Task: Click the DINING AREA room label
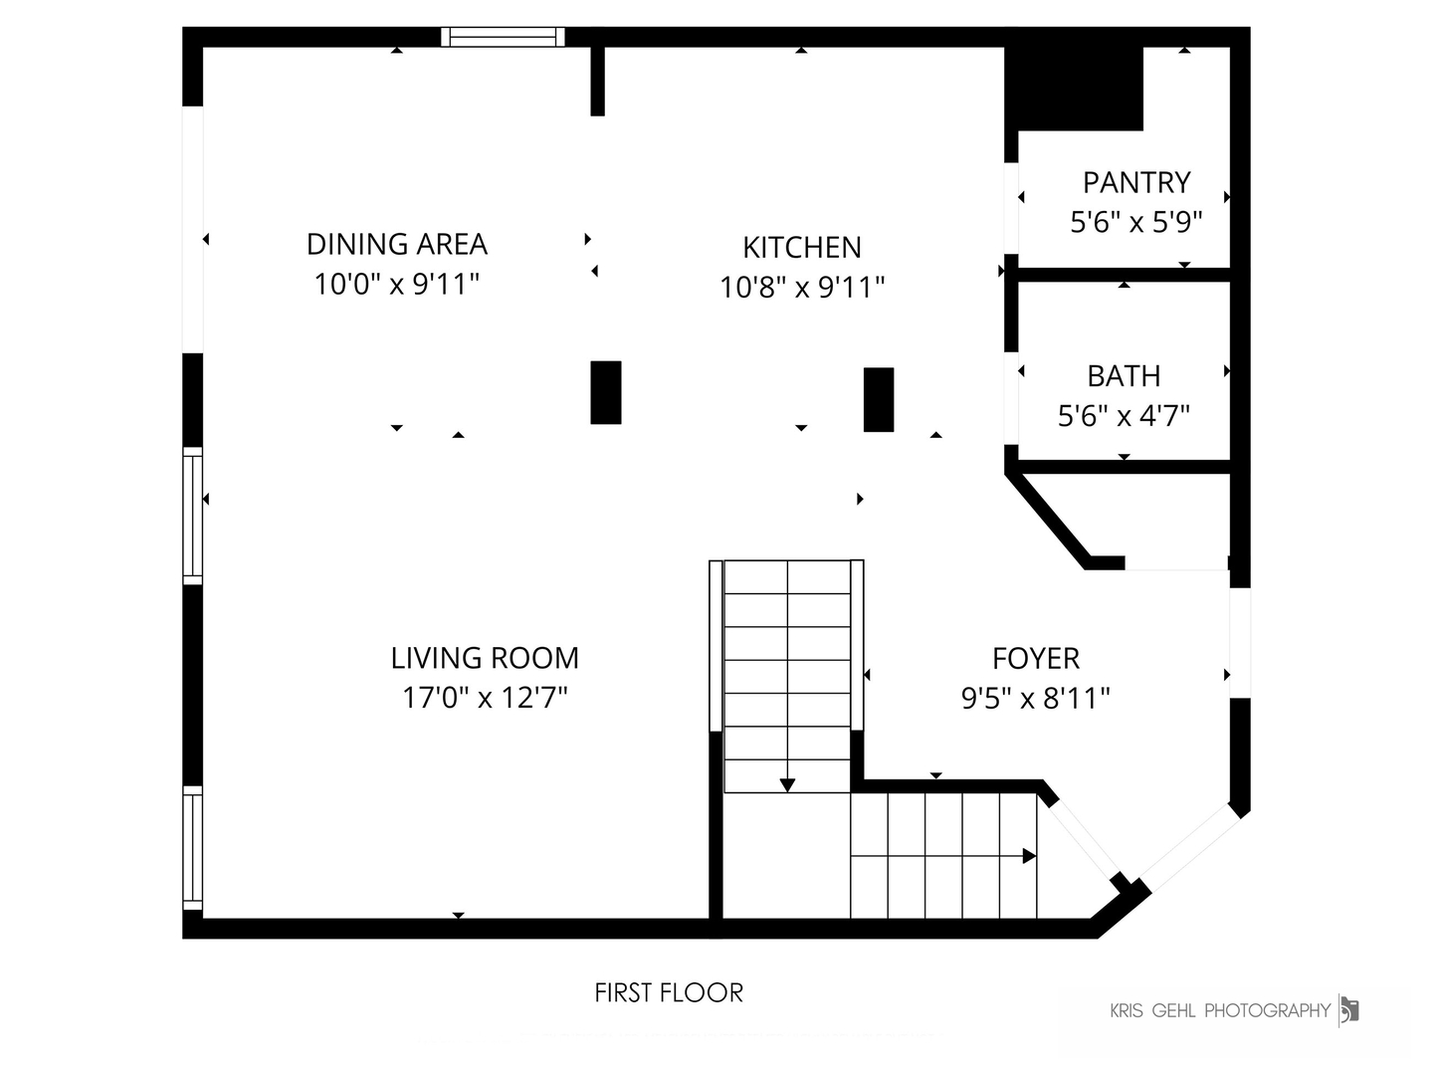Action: coord(397,244)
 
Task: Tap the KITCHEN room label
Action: coord(802,248)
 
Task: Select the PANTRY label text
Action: coord(1136,183)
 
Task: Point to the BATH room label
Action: coord(1124,376)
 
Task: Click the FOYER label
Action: coord(1035,659)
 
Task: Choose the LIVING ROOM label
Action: coord(485,658)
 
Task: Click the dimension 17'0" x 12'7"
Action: coord(485,697)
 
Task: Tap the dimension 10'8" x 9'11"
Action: coord(802,288)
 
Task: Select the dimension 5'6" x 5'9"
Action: coord(1136,223)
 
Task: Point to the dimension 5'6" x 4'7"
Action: coord(1124,415)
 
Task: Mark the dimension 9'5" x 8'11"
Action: coord(1035,698)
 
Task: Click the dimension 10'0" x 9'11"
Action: coord(397,284)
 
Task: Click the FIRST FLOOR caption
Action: coord(669,992)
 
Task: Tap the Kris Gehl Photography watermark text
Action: coord(1219,1011)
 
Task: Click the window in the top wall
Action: coord(503,37)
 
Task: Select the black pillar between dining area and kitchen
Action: coord(606,392)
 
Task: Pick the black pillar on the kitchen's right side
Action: coord(879,399)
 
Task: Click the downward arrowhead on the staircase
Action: coord(787,785)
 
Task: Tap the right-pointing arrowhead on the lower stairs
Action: coord(1030,856)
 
